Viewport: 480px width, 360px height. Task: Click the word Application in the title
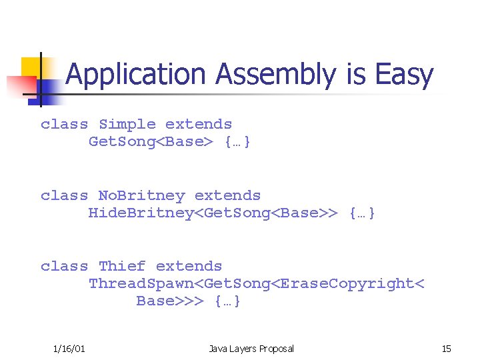click(137, 75)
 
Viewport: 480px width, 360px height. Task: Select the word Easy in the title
click(404, 75)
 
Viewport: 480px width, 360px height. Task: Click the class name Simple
click(127, 125)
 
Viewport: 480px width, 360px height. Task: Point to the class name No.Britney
click(141, 196)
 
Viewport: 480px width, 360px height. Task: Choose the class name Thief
click(122, 267)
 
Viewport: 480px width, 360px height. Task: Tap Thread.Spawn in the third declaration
click(137, 284)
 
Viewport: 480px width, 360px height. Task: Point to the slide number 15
click(446, 349)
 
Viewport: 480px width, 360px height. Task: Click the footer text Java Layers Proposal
click(251, 349)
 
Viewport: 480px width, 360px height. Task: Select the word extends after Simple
click(199, 125)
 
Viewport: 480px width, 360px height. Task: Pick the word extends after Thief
click(189, 267)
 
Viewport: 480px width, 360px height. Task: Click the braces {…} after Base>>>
click(228, 301)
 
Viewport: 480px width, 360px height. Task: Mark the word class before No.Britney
click(64, 196)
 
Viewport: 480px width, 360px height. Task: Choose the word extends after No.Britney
click(227, 196)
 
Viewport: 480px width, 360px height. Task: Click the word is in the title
click(355, 75)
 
